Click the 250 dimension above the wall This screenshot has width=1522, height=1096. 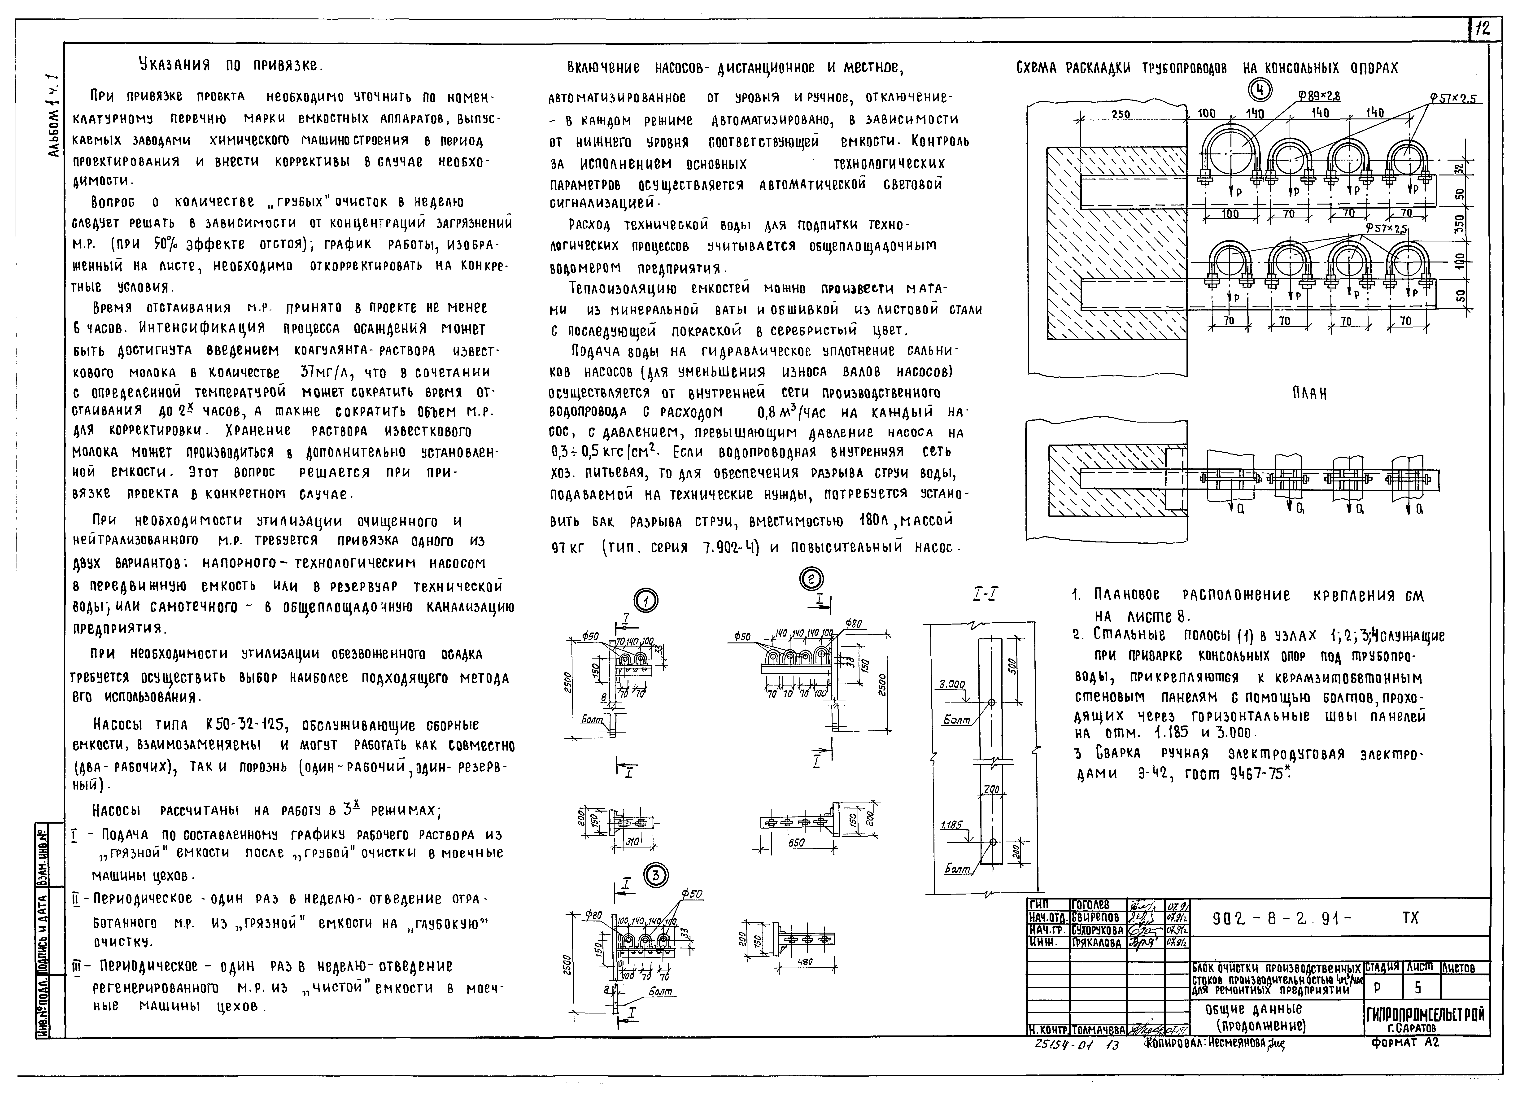tap(1120, 114)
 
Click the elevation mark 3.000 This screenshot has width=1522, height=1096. tap(952, 685)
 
